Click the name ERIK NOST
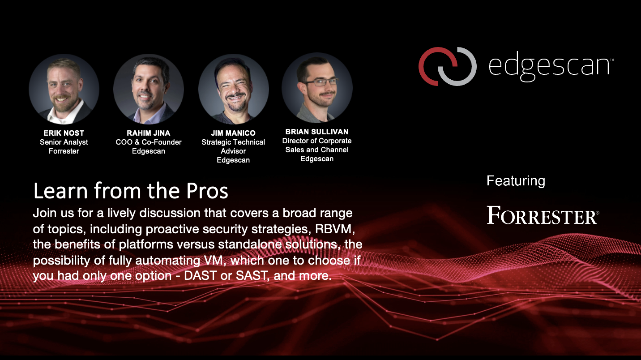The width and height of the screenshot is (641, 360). coord(64,133)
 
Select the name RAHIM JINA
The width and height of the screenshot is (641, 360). coord(149,133)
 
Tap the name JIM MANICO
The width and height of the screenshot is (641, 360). coord(233,133)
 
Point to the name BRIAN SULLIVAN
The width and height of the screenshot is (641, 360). coord(317,132)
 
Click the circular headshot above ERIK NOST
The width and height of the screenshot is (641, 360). coord(64,89)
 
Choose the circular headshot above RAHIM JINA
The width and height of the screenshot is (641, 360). coord(149,89)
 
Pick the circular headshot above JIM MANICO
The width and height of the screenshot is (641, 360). coord(234,89)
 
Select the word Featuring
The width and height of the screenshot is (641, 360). coord(516,181)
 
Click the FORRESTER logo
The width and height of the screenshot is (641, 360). coord(543,215)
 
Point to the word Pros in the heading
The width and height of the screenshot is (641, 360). coord(207,191)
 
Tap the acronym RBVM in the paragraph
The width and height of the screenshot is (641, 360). coord(333,229)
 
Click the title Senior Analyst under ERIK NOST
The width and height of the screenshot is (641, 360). coord(64,142)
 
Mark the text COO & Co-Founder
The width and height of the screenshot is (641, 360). coord(149,142)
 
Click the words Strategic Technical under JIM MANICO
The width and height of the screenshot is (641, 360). coord(233,142)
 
